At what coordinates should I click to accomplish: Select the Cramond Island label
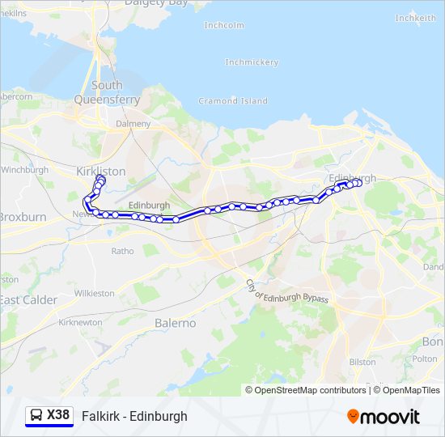(x=233, y=101)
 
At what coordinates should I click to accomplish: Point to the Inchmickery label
(x=252, y=62)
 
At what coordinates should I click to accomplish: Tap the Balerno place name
(x=175, y=323)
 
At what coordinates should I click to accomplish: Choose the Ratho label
(x=123, y=251)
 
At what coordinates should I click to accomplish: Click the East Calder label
(x=29, y=300)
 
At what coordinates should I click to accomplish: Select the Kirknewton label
(x=81, y=322)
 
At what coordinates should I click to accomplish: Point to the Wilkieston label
(x=95, y=293)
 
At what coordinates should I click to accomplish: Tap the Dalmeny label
(x=133, y=124)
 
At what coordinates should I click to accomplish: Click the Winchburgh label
(x=25, y=170)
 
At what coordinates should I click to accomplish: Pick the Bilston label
(x=362, y=362)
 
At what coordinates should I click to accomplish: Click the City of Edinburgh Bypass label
(x=287, y=287)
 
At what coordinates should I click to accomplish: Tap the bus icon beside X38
(x=36, y=415)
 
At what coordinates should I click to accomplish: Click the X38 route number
(x=58, y=415)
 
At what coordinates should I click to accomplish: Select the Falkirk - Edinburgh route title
(x=134, y=416)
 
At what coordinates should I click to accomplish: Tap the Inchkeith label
(x=415, y=18)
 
